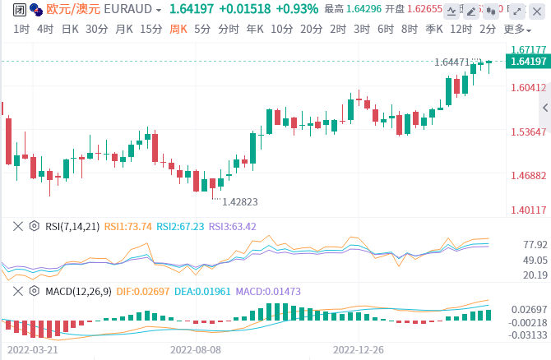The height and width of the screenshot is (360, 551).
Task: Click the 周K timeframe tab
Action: tap(178, 29)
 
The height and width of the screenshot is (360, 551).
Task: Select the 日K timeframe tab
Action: tap(71, 29)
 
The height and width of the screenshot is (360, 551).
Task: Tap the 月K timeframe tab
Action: tap(124, 29)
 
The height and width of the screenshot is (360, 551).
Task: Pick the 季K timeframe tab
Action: tap(436, 29)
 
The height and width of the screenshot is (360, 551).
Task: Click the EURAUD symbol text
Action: tap(128, 10)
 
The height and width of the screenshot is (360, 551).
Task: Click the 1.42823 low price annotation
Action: tap(241, 201)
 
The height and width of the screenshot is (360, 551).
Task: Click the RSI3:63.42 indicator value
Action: tap(233, 226)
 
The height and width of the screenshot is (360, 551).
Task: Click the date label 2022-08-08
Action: tap(196, 349)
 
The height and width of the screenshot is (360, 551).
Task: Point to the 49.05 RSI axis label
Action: tap(535, 260)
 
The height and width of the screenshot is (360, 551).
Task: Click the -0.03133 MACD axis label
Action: tap(529, 334)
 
